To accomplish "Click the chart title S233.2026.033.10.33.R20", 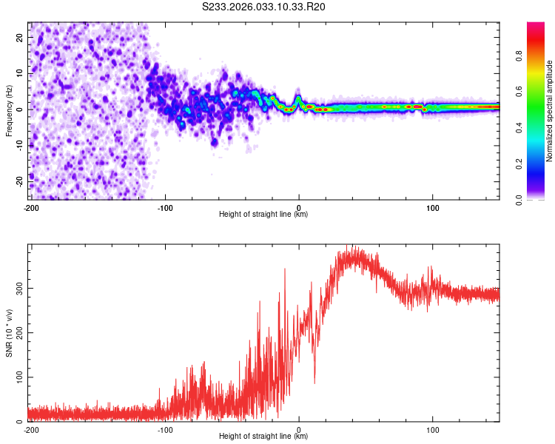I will pyautogui.click(x=263, y=7).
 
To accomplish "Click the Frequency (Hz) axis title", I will pyautogui.click(x=9, y=110).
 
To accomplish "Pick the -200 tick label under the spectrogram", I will pyautogui.click(x=31, y=207).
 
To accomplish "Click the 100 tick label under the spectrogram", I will pyautogui.click(x=431, y=207).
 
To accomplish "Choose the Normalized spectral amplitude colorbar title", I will pyautogui.click(x=550, y=111).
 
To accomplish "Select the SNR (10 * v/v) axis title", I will pyautogui.click(x=9, y=332).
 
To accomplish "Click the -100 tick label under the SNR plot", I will pyautogui.click(x=164, y=429).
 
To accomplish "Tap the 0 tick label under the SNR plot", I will pyautogui.click(x=299, y=429).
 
